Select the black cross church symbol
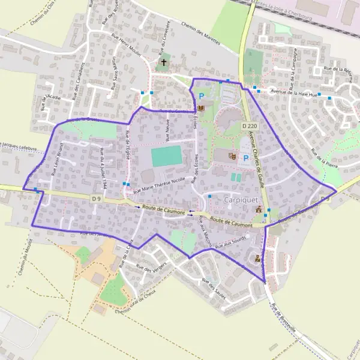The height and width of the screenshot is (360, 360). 163,62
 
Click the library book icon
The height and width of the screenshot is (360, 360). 201,107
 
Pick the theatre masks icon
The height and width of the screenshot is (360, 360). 233,156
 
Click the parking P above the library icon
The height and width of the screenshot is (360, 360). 202,95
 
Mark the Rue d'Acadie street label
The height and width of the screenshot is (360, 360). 45,103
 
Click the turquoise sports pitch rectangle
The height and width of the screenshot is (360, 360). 166,156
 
